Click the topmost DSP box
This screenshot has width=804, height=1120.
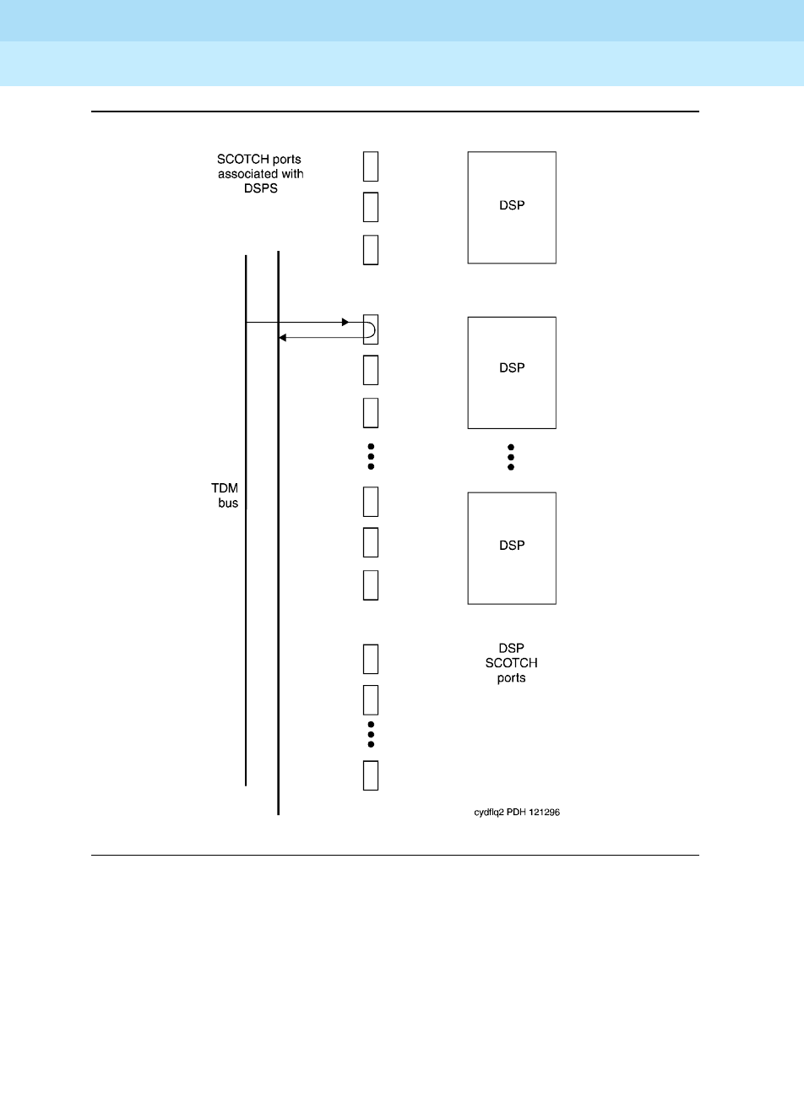512,207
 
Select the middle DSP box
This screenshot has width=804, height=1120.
512,372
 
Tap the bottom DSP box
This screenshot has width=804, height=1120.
512,548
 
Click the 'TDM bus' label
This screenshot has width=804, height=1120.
225,496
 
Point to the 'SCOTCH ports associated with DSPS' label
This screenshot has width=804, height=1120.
260,173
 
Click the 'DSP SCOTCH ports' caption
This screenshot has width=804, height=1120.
512,663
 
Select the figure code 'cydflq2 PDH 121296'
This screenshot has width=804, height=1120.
517,813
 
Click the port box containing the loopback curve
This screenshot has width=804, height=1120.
371,329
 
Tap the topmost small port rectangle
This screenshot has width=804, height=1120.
371,166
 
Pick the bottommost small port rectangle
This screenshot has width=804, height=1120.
371,775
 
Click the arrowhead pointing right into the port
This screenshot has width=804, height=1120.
345,323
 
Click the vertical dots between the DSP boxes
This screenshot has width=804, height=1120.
511,457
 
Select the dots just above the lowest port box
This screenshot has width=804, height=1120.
371,734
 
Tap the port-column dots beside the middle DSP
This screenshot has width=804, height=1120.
371,456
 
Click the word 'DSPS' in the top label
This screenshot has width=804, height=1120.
260,188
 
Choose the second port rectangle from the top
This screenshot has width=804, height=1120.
371,207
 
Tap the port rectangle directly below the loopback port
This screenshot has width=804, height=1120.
371,370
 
